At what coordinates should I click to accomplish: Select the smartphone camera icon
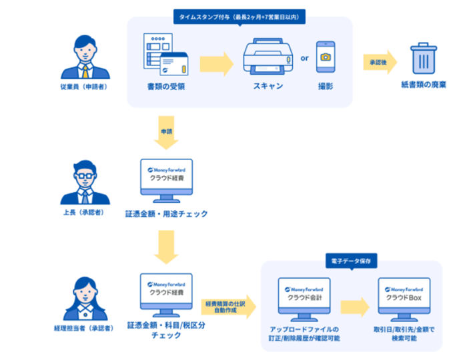325,59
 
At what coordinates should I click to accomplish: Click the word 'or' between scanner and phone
304,58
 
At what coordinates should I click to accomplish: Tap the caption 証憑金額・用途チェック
166,214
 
